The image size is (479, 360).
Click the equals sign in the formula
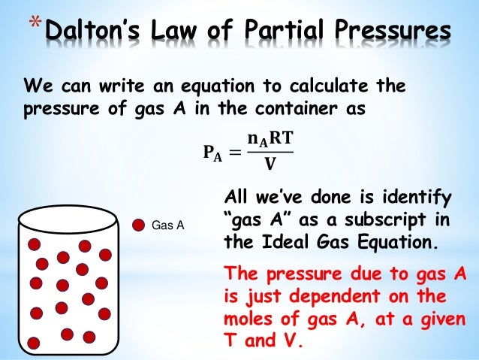(236, 155)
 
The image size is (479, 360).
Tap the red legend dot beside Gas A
(139, 224)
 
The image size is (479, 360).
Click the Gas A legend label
(168, 225)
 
